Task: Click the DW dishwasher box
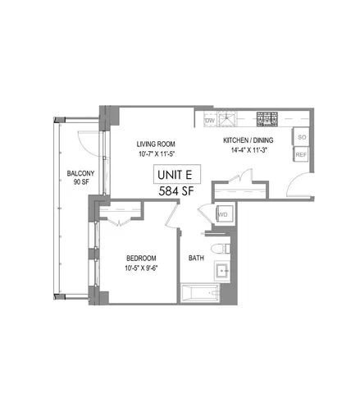pyautogui.click(x=209, y=121)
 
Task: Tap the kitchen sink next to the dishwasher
pyautogui.click(x=234, y=119)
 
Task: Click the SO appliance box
pyautogui.click(x=301, y=138)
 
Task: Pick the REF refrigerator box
pyautogui.click(x=301, y=154)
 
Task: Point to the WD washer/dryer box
pyautogui.click(x=222, y=215)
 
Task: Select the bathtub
pyautogui.click(x=206, y=293)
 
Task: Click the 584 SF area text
pyautogui.click(x=178, y=191)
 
